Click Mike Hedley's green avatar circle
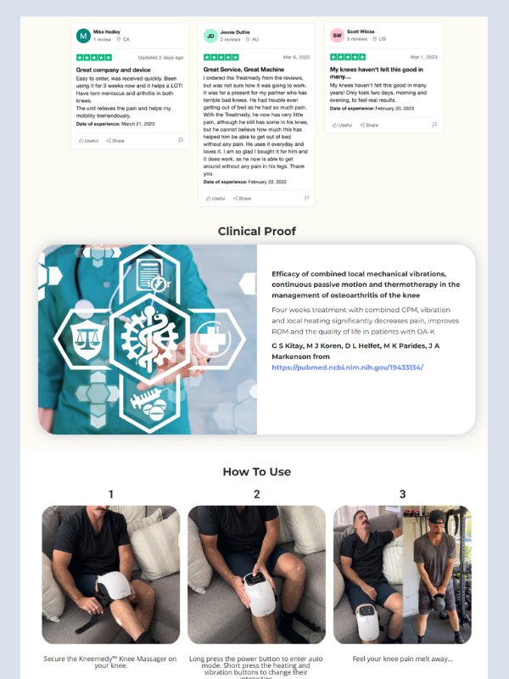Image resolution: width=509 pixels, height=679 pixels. coord(83,36)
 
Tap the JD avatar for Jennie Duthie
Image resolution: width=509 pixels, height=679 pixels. coord(210,36)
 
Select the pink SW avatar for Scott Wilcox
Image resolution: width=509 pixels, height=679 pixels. coord(337,36)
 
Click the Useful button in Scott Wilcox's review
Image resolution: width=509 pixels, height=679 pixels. coord(341,125)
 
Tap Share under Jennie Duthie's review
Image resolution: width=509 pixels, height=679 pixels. coord(243,198)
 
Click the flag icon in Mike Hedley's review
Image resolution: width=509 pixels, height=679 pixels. coord(181,140)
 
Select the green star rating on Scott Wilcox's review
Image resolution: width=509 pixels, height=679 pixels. coord(348,57)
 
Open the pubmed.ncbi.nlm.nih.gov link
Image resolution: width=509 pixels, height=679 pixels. coord(347,368)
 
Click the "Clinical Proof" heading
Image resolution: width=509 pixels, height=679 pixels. coord(256,231)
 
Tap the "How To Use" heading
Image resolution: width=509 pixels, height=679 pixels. coord(256,472)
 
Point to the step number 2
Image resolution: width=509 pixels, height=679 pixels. coord(256,494)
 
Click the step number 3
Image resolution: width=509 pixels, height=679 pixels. coord(402,494)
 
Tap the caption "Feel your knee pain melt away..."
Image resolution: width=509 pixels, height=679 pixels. coord(402,659)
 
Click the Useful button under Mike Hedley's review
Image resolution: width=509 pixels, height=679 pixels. coord(87,140)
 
